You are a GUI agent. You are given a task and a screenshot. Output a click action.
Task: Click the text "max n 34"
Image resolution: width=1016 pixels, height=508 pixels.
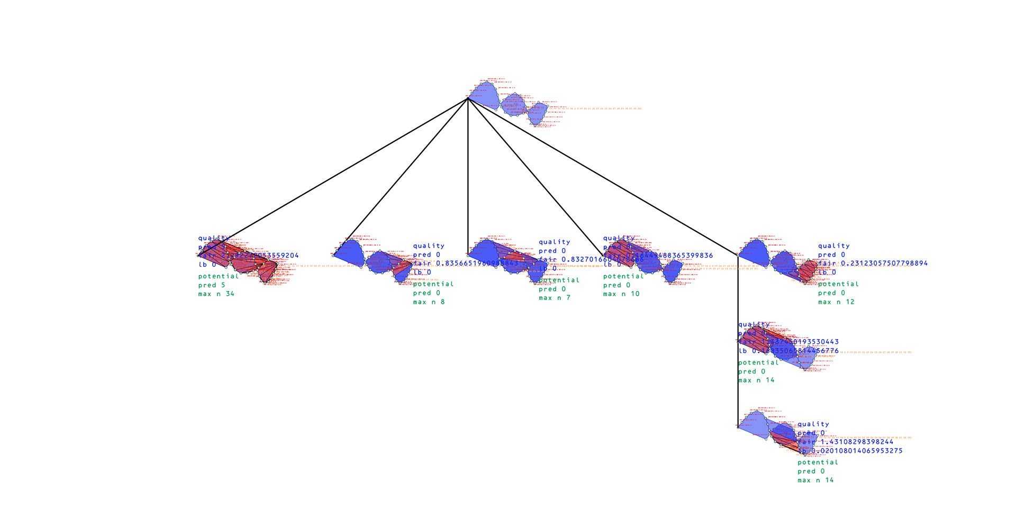pyautogui.click(x=216, y=294)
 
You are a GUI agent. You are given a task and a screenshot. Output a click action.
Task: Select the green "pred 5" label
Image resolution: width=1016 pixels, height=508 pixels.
pyautogui.click(x=212, y=285)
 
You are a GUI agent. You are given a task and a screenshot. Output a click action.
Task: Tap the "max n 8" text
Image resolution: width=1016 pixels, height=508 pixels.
pyautogui.click(x=429, y=302)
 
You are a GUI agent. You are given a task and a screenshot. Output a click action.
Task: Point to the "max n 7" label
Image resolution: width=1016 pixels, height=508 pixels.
pyautogui.click(x=555, y=298)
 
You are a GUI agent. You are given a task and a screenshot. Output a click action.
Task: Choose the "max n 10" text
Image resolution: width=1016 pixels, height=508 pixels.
pyautogui.click(x=621, y=294)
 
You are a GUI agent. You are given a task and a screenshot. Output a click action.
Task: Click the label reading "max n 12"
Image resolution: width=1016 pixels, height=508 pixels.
pyautogui.click(x=836, y=302)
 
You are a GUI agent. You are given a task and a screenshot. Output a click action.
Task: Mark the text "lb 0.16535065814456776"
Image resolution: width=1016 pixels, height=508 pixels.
pyautogui.click(x=788, y=351)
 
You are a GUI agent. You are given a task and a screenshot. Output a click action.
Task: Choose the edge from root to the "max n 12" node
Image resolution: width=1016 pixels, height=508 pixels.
pyautogui.click(x=603, y=177)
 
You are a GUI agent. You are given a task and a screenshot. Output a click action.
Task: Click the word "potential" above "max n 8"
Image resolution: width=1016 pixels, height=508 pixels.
pyautogui.click(x=433, y=284)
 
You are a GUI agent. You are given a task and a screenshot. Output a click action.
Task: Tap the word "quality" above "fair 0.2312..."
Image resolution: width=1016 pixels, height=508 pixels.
pyautogui.click(x=833, y=246)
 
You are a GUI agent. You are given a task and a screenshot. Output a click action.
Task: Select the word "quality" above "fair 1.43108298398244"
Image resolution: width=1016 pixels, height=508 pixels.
pyautogui.click(x=813, y=424)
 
